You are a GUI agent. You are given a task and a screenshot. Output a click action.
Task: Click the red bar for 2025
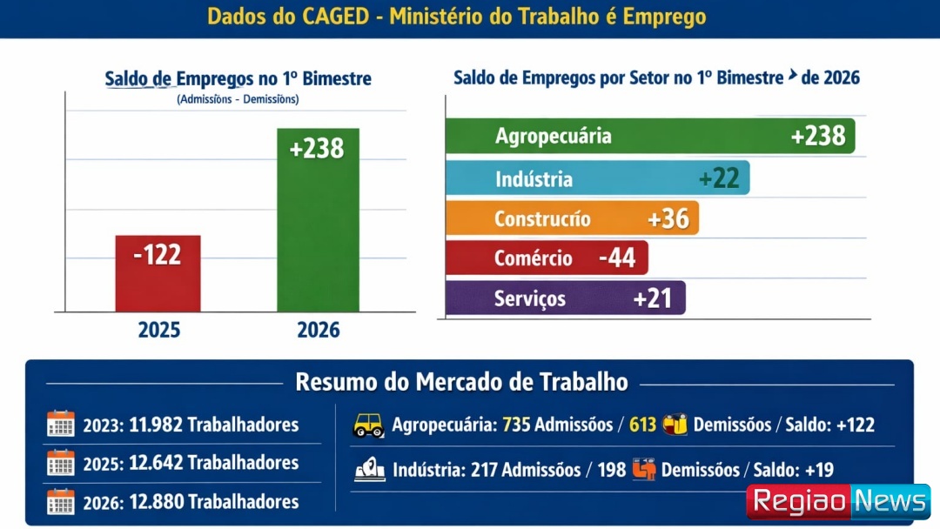[x=158, y=273]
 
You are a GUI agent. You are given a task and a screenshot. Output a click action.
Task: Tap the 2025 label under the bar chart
[x=159, y=331]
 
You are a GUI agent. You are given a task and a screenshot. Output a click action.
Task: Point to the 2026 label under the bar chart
[x=319, y=331]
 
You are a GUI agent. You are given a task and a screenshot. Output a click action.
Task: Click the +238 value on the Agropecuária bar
[x=817, y=136]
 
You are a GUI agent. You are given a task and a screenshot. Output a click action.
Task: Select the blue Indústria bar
[x=597, y=178]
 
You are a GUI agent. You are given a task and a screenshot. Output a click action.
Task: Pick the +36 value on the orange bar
[x=668, y=218]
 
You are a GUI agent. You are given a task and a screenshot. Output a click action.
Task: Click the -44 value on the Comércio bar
[x=617, y=258]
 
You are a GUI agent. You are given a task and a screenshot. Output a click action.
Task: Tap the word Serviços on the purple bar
[x=530, y=299]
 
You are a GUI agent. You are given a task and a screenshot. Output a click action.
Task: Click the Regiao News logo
[x=838, y=502]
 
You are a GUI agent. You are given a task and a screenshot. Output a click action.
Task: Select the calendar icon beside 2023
[x=61, y=425]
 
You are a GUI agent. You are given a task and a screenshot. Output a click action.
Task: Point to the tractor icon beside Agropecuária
[x=368, y=425]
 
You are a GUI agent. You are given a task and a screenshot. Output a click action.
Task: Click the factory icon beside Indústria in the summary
[x=370, y=471]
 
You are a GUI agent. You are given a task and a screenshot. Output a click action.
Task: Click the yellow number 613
[x=642, y=425]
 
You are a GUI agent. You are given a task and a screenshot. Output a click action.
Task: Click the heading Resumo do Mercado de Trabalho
[x=461, y=382]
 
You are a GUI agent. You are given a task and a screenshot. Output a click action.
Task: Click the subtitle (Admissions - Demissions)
[x=238, y=99]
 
